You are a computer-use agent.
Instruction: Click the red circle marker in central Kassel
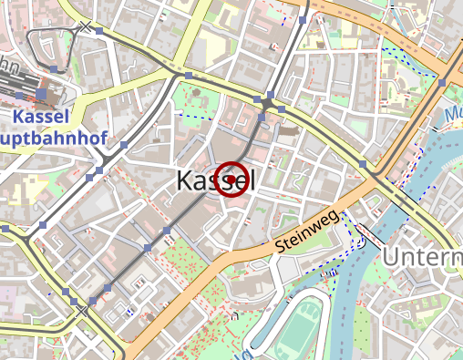(x=232, y=180)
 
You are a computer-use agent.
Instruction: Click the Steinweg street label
(x=306, y=232)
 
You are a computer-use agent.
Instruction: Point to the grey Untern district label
(x=422, y=257)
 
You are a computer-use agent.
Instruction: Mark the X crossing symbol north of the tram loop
(x=87, y=27)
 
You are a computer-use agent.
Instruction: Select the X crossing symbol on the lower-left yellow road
(x=83, y=311)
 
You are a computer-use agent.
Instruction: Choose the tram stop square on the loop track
(x=55, y=70)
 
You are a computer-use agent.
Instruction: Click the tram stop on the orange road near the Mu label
(x=442, y=83)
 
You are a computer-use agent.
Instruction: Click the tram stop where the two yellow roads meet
(x=189, y=75)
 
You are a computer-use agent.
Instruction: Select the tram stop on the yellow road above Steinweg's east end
(x=362, y=164)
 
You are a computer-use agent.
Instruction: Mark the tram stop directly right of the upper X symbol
(x=99, y=32)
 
